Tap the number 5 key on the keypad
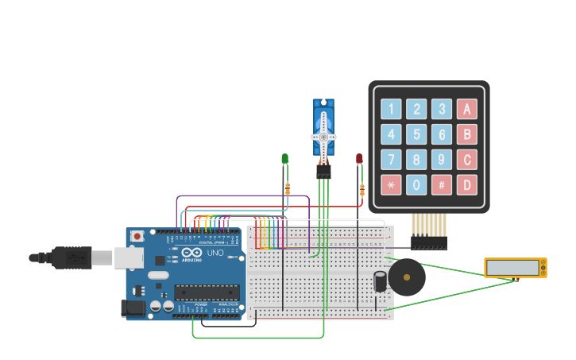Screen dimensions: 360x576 [416, 134]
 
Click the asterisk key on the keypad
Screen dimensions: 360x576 [391, 185]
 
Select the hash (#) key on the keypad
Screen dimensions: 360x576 [442, 185]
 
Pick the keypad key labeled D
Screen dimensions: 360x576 [467, 185]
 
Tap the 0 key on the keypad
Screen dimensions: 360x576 [416, 185]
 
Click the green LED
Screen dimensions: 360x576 [285, 159]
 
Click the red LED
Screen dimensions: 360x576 [359, 159]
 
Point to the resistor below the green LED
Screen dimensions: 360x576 [288, 188]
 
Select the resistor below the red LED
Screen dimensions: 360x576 [362, 190]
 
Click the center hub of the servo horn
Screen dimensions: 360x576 [323, 137]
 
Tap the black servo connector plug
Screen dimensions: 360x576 [323, 171]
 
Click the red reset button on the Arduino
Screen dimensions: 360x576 [137, 236]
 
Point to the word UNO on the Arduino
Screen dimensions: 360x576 [215, 253]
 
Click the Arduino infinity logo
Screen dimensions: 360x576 [191, 253]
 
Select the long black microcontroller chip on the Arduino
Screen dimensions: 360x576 [207, 292]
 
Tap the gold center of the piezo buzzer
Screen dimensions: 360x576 [406, 277]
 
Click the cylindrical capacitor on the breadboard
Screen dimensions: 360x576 [381, 281]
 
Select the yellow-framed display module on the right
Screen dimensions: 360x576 [516, 268]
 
